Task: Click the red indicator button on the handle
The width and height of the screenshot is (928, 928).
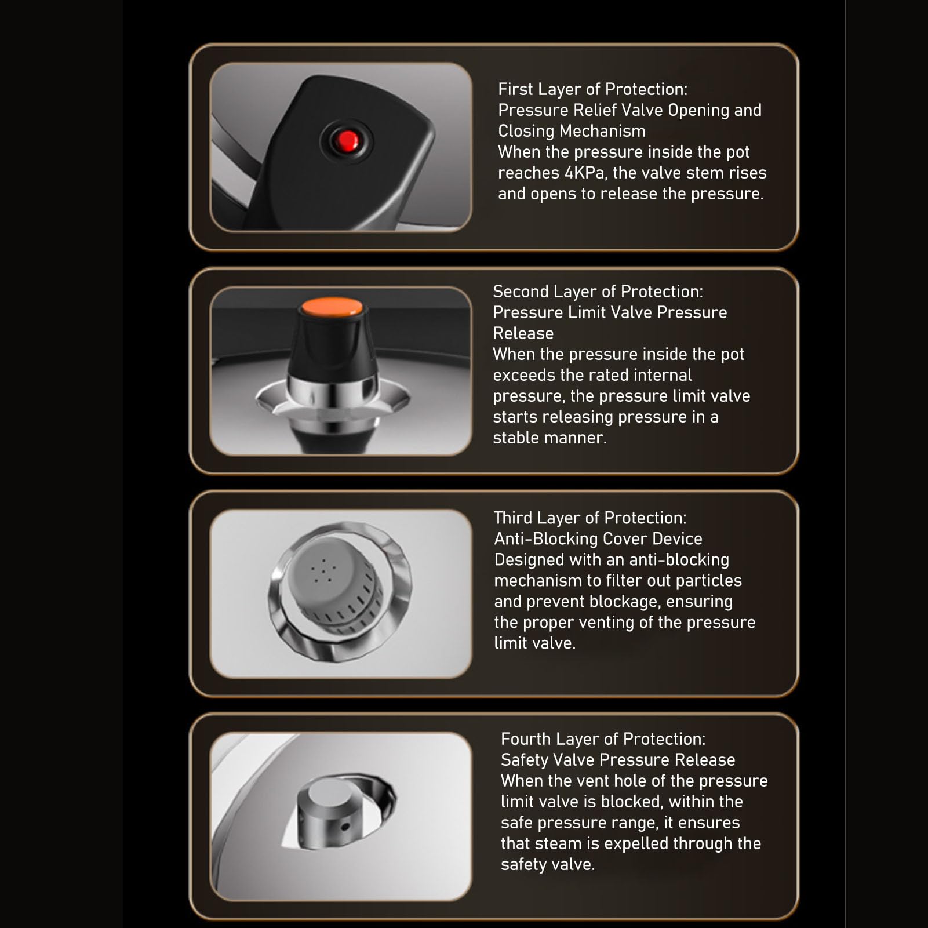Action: point(347,141)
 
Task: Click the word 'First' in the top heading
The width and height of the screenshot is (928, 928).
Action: point(515,89)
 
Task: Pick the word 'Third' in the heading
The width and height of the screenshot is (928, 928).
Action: point(513,518)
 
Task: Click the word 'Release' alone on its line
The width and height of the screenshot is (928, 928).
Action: point(523,333)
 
